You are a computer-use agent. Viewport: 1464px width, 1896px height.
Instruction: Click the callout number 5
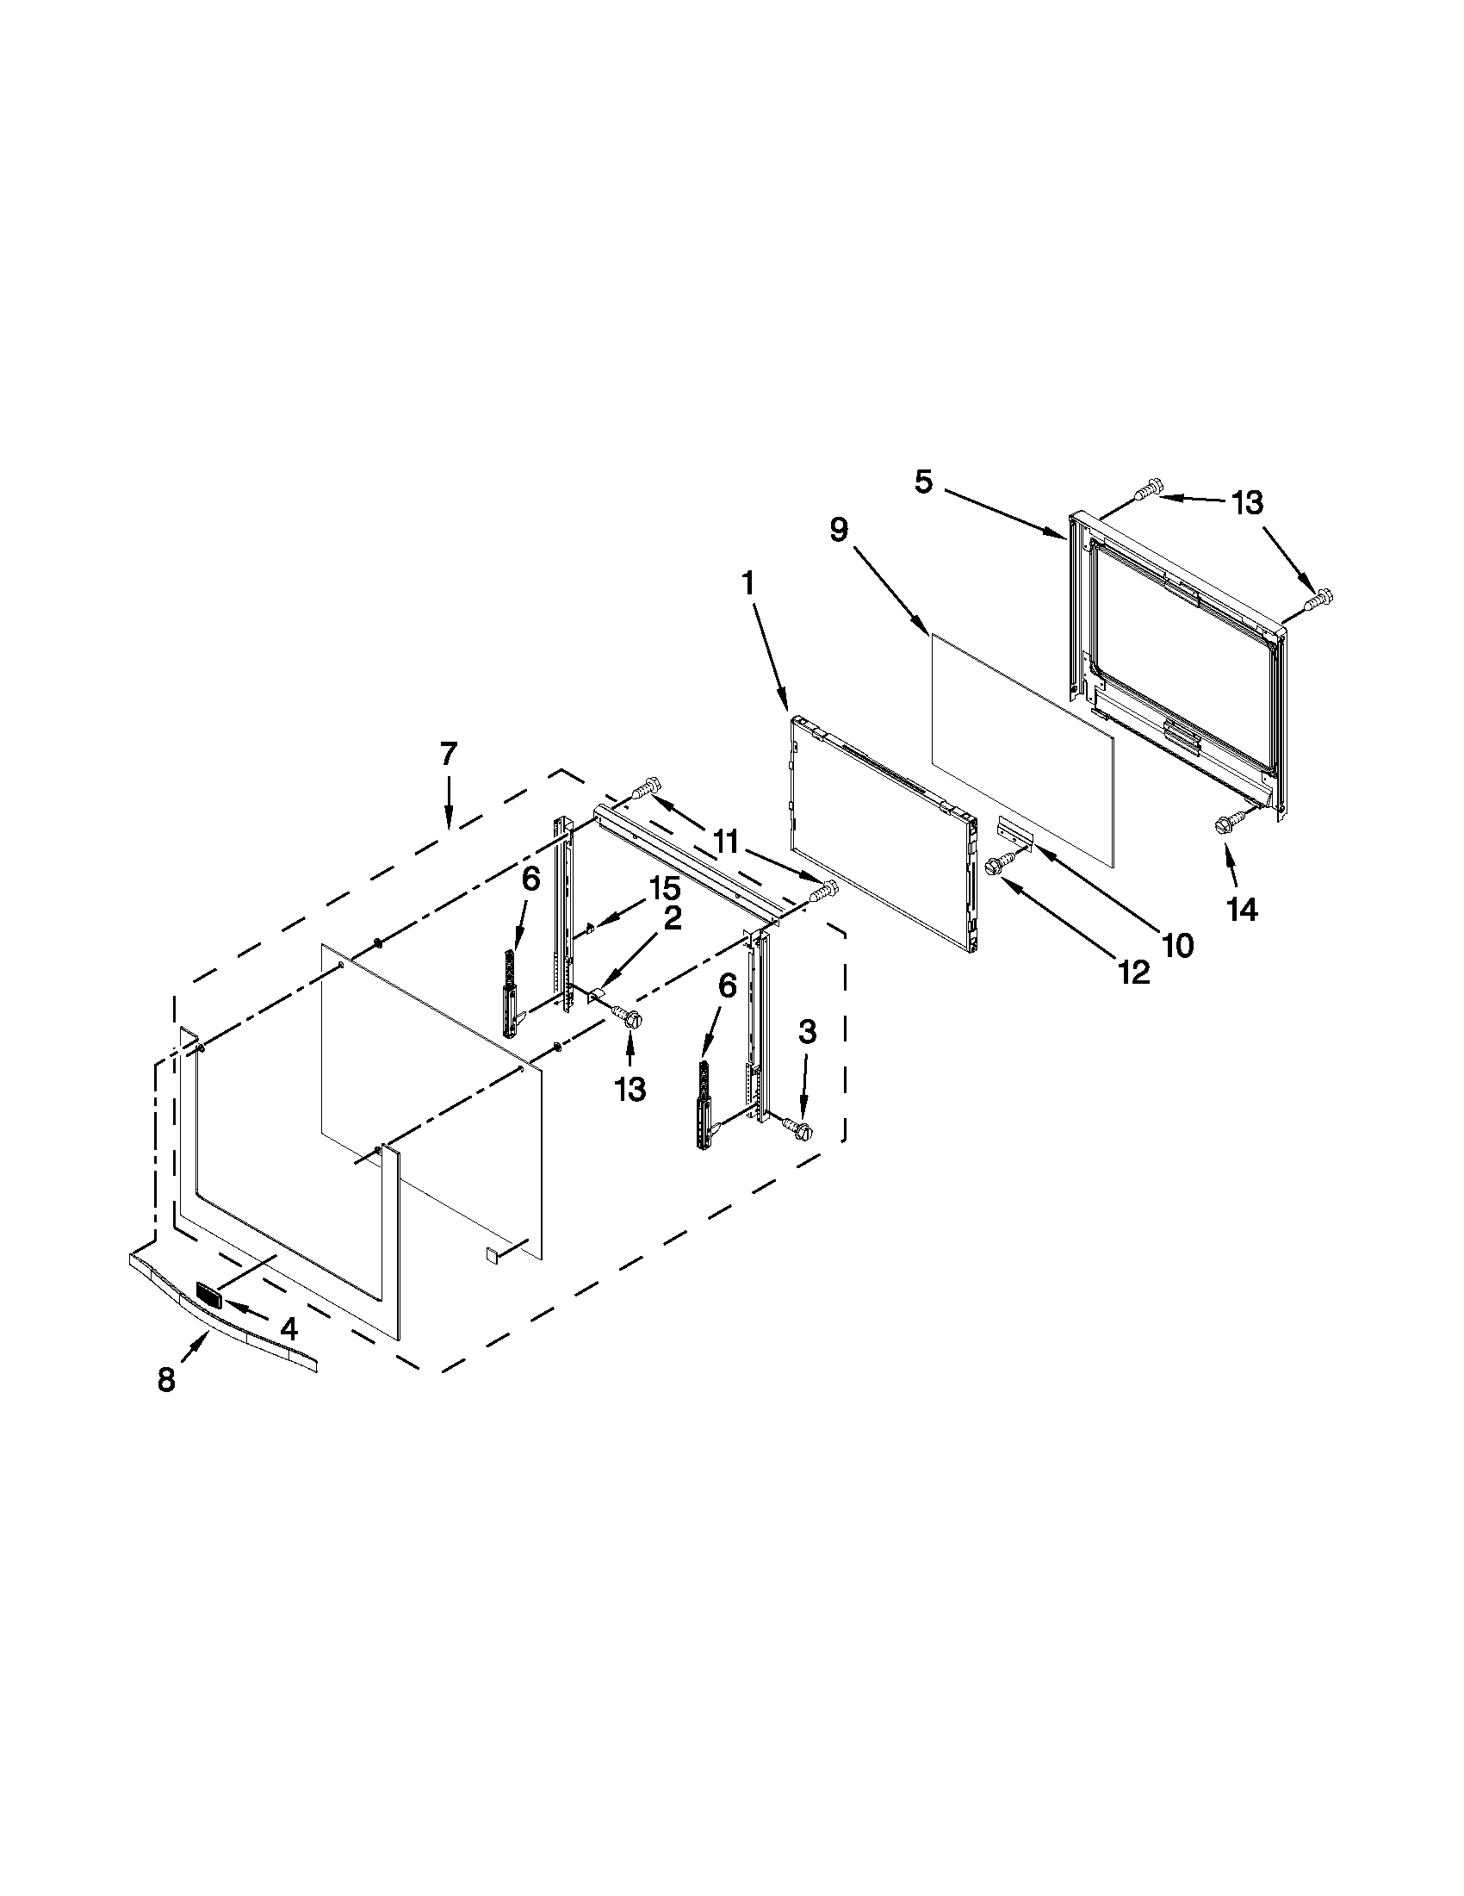(x=923, y=482)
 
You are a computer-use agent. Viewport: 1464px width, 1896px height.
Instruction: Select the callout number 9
(x=838, y=530)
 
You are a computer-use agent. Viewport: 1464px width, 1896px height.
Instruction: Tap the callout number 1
(x=748, y=584)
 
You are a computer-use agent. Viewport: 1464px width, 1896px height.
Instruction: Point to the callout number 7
(x=448, y=754)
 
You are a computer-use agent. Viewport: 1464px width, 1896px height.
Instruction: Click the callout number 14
(x=1243, y=910)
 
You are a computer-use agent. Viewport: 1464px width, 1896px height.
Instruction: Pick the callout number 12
(x=1134, y=973)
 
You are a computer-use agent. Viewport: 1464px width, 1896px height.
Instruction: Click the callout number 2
(x=673, y=918)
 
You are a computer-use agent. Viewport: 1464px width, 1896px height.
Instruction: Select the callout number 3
(x=807, y=1032)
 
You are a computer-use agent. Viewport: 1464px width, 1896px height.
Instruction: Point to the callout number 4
(x=288, y=1328)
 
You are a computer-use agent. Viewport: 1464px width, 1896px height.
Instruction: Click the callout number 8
(x=165, y=1380)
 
